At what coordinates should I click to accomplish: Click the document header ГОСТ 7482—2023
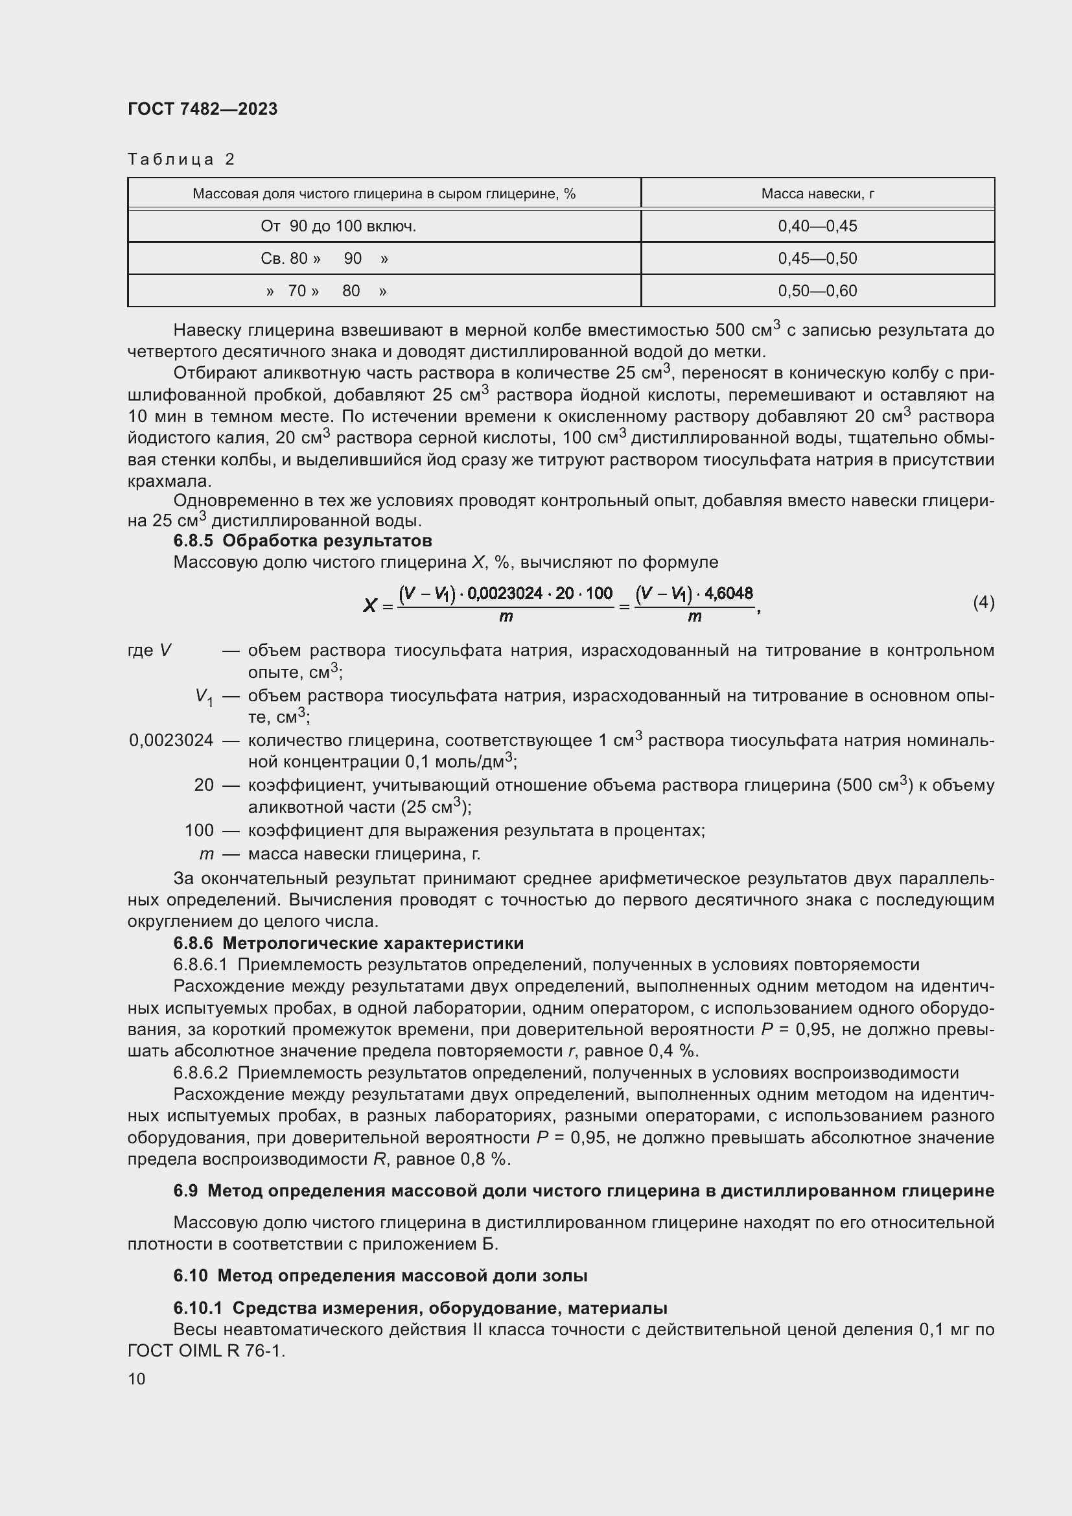coord(202,109)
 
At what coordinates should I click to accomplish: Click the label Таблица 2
coord(181,159)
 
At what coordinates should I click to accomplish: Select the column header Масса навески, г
coord(817,193)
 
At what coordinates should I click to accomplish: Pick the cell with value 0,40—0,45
coord(817,226)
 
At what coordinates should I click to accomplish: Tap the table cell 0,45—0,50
coord(817,258)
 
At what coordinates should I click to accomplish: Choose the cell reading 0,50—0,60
coord(817,290)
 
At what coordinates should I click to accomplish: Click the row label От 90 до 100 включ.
coord(338,226)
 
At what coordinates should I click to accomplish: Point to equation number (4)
coord(983,601)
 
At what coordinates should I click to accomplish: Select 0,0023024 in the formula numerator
coord(504,592)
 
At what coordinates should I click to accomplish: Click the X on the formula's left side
coord(369,604)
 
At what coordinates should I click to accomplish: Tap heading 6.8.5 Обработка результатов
coord(302,540)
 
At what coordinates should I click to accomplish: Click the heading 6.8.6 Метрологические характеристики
coord(348,942)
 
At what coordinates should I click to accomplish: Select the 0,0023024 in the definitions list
coord(171,740)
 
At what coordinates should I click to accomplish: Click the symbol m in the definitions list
coord(206,854)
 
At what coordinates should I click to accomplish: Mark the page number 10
coord(137,1379)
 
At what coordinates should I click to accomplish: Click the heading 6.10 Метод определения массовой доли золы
coord(380,1276)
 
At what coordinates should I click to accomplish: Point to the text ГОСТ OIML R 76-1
coord(206,1351)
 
